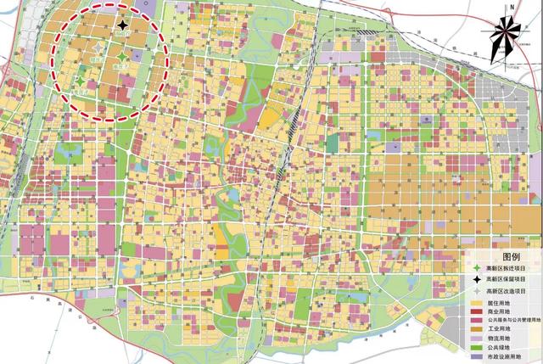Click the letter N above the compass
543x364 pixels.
coord(507,7)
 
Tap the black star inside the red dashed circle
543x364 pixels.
coord(125,29)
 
